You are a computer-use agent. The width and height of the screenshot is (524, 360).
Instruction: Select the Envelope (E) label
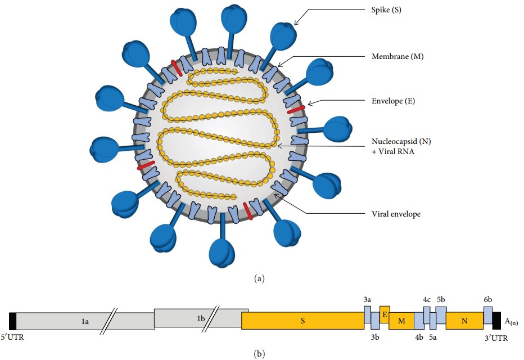click(x=393, y=101)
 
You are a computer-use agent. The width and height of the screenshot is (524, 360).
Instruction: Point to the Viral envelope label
click(x=396, y=214)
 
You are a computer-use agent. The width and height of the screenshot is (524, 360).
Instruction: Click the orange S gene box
click(x=302, y=321)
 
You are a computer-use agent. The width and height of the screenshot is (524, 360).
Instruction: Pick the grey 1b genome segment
click(x=201, y=318)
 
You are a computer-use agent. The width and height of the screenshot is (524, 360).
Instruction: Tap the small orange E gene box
click(x=385, y=314)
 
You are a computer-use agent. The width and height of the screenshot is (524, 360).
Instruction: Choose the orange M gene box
click(x=401, y=321)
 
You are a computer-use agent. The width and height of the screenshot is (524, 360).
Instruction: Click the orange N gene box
click(x=464, y=321)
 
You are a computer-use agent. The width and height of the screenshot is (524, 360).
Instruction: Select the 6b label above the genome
click(x=488, y=300)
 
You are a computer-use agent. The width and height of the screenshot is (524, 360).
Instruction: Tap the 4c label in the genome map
click(x=427, y=300)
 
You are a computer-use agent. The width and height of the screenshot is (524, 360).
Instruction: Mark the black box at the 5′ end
click(x=12, y=321)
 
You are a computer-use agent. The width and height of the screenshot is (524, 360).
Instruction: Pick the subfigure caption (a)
click(x=259, y=278)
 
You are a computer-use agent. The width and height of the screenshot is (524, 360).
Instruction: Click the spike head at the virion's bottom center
click(x=221, y=251)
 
